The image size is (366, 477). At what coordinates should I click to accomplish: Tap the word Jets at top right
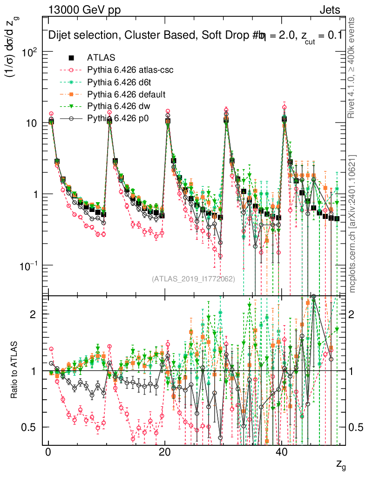click(330, 10)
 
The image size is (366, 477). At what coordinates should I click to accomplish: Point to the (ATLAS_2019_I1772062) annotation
click(193, 279)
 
